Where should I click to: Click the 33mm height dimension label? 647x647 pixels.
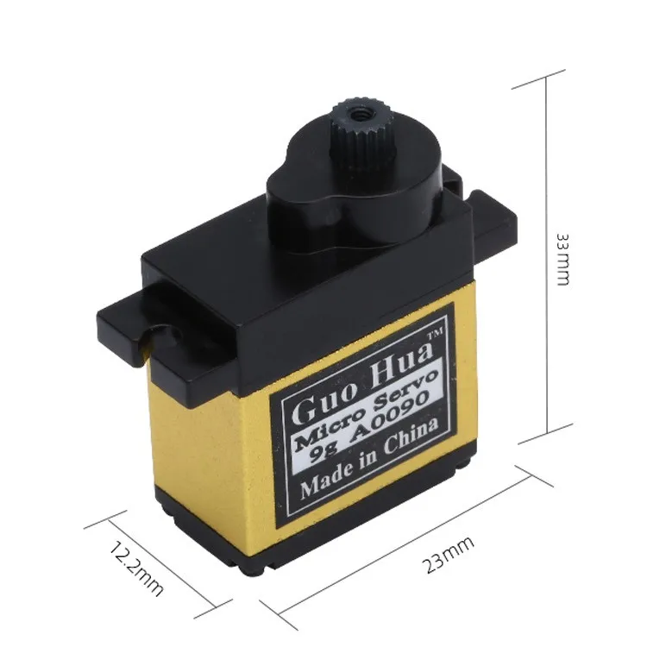(x=562, y=260)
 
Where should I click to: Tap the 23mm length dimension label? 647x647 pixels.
(x=448, y=555)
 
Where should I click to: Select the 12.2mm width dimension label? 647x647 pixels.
(x=135, y=569)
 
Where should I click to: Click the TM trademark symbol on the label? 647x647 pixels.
(x=436, y=333)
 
